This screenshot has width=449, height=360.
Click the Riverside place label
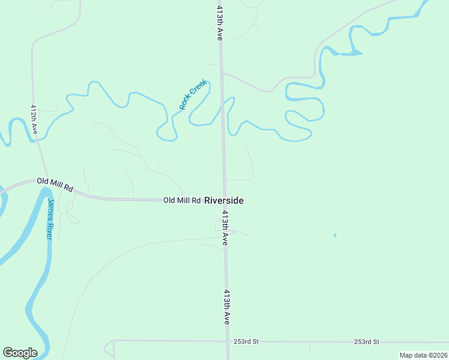[x=224, y=200]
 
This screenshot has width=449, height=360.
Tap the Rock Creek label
[x=193, y=94]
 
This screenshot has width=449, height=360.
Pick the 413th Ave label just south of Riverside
[x=224, y=227]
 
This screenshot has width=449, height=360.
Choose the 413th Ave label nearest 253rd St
[x=226, y=307]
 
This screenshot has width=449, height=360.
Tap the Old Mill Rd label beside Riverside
[x=182, y=200]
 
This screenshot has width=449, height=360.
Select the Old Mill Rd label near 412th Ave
[x=55, y=184]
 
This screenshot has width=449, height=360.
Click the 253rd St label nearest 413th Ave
[x=246, y=341]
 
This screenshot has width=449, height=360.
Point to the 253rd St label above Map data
[x=366, y=341]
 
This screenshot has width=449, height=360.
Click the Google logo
[x=20, y=353]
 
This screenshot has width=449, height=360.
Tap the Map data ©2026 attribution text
[x=423, y=355]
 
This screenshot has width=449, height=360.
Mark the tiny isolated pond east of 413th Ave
[x=335, y=235]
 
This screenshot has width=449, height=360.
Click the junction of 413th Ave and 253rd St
[x=228, y=341]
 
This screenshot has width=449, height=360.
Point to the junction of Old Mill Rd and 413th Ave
[x=225, y=200]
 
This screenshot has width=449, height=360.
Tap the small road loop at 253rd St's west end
[x=109, y=348]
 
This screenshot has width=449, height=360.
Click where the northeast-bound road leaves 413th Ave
[x=222, y=73]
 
